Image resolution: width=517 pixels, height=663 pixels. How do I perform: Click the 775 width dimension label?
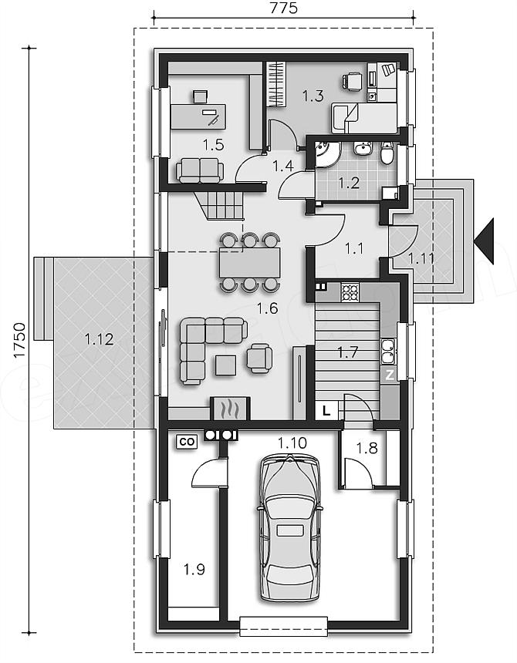click(x=283, y=8)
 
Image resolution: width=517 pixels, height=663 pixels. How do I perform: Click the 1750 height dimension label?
click(x=19, y=341)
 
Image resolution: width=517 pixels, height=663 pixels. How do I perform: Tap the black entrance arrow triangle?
click(x=484, y=241)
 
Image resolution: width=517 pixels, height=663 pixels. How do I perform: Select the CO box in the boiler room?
click(x=187, y=442)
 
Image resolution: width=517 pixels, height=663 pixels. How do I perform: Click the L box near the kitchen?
click(x=326, y=410)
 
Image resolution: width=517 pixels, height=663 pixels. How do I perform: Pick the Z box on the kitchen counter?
click(x=390, y=375)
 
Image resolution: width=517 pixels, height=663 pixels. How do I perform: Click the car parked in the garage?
click(x=289, y=527)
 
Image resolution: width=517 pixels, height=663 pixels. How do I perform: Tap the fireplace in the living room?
click(x=230, y=409)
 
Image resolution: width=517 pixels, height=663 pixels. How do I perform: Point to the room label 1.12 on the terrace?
click(x=99, y=339)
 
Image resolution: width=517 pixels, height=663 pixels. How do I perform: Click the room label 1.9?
click(x=194, y=570)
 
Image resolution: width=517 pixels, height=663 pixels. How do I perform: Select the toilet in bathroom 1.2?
click(x=387, y=153)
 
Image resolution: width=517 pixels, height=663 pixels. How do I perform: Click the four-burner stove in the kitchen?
click(x=350, y=292)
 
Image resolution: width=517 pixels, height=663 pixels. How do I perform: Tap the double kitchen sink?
click(x=389, y=352)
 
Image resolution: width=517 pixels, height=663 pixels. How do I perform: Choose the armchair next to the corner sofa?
click(x=259, y=358)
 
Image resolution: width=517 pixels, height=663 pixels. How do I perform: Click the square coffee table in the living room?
click(x=225, y=365)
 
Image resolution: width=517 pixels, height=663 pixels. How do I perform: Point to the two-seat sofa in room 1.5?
click(x=200, y=170)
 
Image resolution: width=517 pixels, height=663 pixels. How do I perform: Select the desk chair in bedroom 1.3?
click(x=352, y=81)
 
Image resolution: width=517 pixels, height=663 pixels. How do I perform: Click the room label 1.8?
click(x=367, y=448)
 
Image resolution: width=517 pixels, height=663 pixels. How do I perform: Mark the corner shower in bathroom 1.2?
click(x=327, y=155)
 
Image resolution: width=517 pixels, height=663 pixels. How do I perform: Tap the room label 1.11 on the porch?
click(x=421, y=258)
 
